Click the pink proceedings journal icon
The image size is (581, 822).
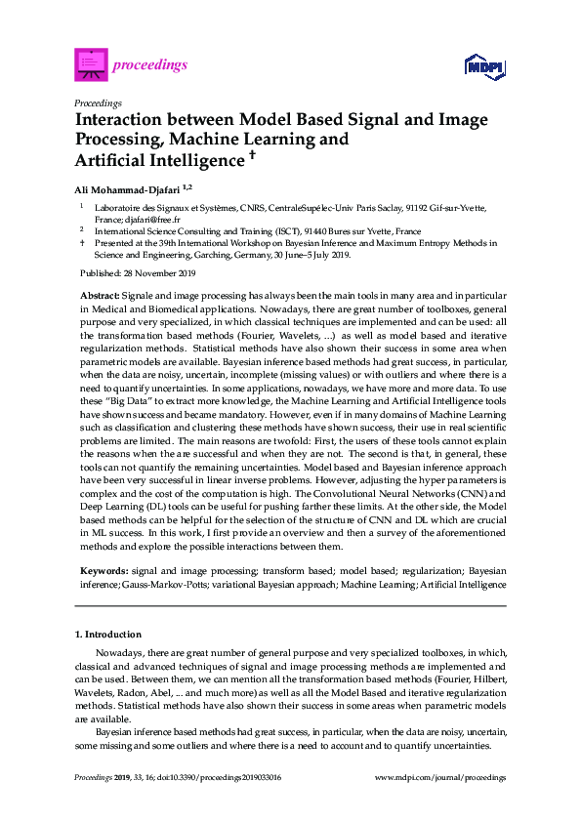91,65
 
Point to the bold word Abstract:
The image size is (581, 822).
99,294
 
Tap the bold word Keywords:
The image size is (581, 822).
102,567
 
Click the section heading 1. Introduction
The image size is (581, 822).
110,635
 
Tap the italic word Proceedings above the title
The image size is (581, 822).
98,102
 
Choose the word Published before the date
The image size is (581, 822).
96,273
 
